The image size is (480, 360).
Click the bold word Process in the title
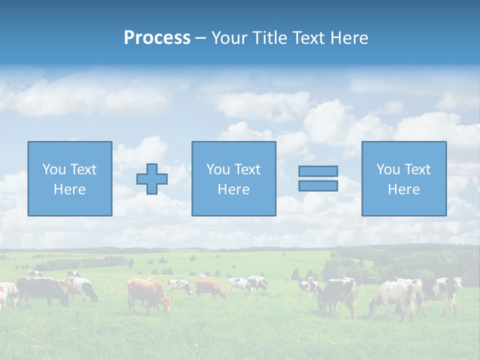pyautogui.click(x=157, y=38)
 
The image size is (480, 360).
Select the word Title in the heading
pyautogui.click(x=269, y=38)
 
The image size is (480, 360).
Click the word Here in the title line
pyautogui.click(x=349, y=38)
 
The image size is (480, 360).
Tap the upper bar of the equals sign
pyautogui.click(x=318, y=171)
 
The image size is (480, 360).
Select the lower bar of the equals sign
pyautogui.click(x=318, y=186)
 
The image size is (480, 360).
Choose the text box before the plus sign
pyautogui.click(x=69, y=178)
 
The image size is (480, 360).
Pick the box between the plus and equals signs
pyautogui.click(x=233, y=178)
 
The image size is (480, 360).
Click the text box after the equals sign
pyautogui.click(x=403, y=178)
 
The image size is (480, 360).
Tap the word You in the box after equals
pyautogui.click(x=388, y=169)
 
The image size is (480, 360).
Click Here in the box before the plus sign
pyautogui.click(x=69, y=189)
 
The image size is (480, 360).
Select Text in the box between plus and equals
pyautogui.click(x=248, y=169)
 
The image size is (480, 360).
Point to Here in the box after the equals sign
pyautogui.click(x=403, y=189)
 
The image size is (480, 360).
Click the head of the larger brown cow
pyautogui.click(x=165, y=303)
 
